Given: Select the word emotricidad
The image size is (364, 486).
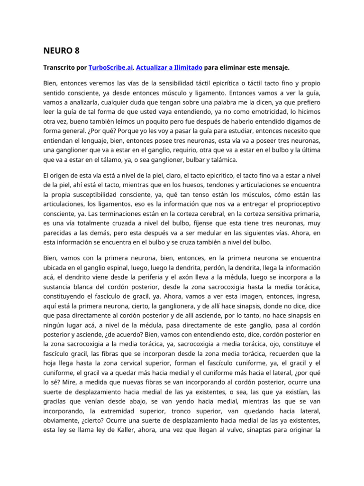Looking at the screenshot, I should pyautogui.click(x=253, y=112).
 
